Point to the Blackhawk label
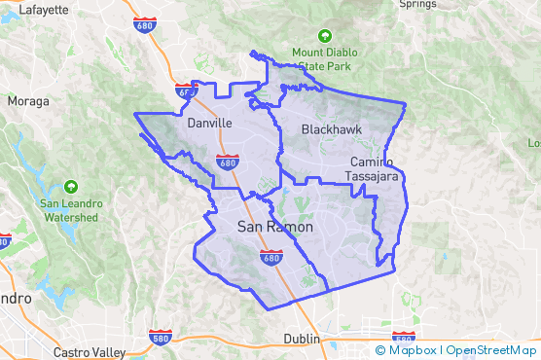pyautogui.click(x=328, y=128)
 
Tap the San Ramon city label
pyautogui.click(x=275, y=227)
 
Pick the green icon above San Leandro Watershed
pyautogui.click(x=70, y=186)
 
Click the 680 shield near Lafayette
pyautogui.click(x=146, y=23)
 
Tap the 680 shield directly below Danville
pyautogui.click(x=227, y=162)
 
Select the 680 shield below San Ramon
pyautogui.click(x=271, y=257)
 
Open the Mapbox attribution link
pyautogui.click(x=410, y=349)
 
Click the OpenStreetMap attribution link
pyautogui.click(x=490, y=349)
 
